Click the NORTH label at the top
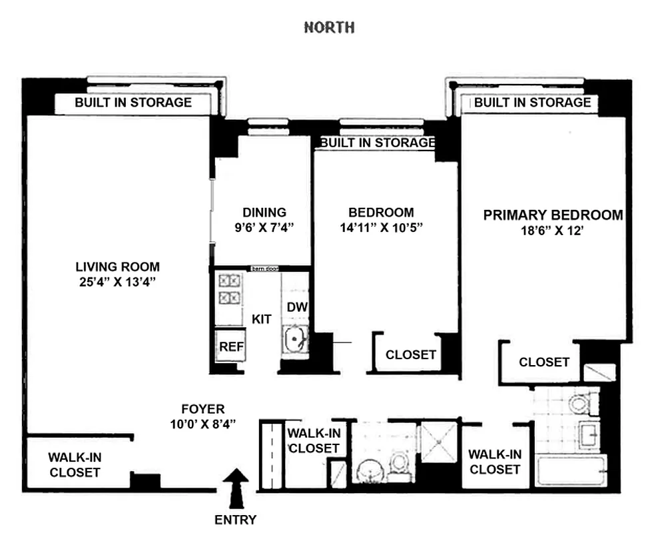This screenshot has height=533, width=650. coord(329,27)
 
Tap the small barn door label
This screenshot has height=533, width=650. coord(264,268)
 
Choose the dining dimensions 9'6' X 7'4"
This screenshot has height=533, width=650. coord(264,227)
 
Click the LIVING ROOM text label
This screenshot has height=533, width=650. coord(117,266)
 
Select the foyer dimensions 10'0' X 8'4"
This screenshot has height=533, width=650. coord(203,423)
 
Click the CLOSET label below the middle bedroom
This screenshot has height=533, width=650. coord(411,355)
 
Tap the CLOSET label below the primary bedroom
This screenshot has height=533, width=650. coord(544,362)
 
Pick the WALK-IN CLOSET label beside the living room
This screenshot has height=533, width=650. coord(75,465)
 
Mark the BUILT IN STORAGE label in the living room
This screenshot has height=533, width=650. coord(133,103)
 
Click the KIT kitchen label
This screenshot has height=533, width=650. coord(262,319)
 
